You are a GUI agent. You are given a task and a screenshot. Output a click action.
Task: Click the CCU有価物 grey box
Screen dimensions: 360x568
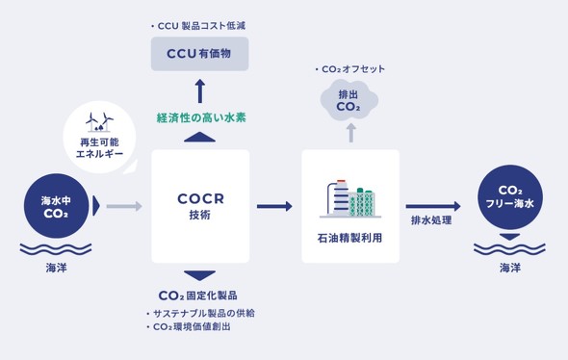tap(199, 54)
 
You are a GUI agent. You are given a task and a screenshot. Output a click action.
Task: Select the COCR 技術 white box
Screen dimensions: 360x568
tap(200, 206)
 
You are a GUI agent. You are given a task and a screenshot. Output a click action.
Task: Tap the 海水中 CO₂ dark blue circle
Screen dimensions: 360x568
tap(56, 206)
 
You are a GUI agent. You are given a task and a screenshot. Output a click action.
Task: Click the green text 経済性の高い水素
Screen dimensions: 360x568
tap(200, 117)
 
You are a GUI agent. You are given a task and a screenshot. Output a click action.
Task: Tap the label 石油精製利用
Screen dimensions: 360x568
tap(349, 235)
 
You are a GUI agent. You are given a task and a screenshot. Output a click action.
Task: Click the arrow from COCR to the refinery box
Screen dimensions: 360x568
tap(274, 206)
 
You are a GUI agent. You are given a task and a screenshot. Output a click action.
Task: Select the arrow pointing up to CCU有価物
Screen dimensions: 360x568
tap(200, 90)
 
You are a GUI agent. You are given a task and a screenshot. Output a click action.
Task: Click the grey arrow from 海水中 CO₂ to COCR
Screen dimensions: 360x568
tap(123, 206)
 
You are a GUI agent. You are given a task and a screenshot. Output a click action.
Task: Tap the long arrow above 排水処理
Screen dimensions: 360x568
tap(432, 206)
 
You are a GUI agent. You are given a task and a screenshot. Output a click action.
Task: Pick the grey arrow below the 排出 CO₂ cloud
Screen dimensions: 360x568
tap(350, 132)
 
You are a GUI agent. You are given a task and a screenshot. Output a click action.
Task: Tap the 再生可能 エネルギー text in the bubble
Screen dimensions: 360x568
tap(100, 147)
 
